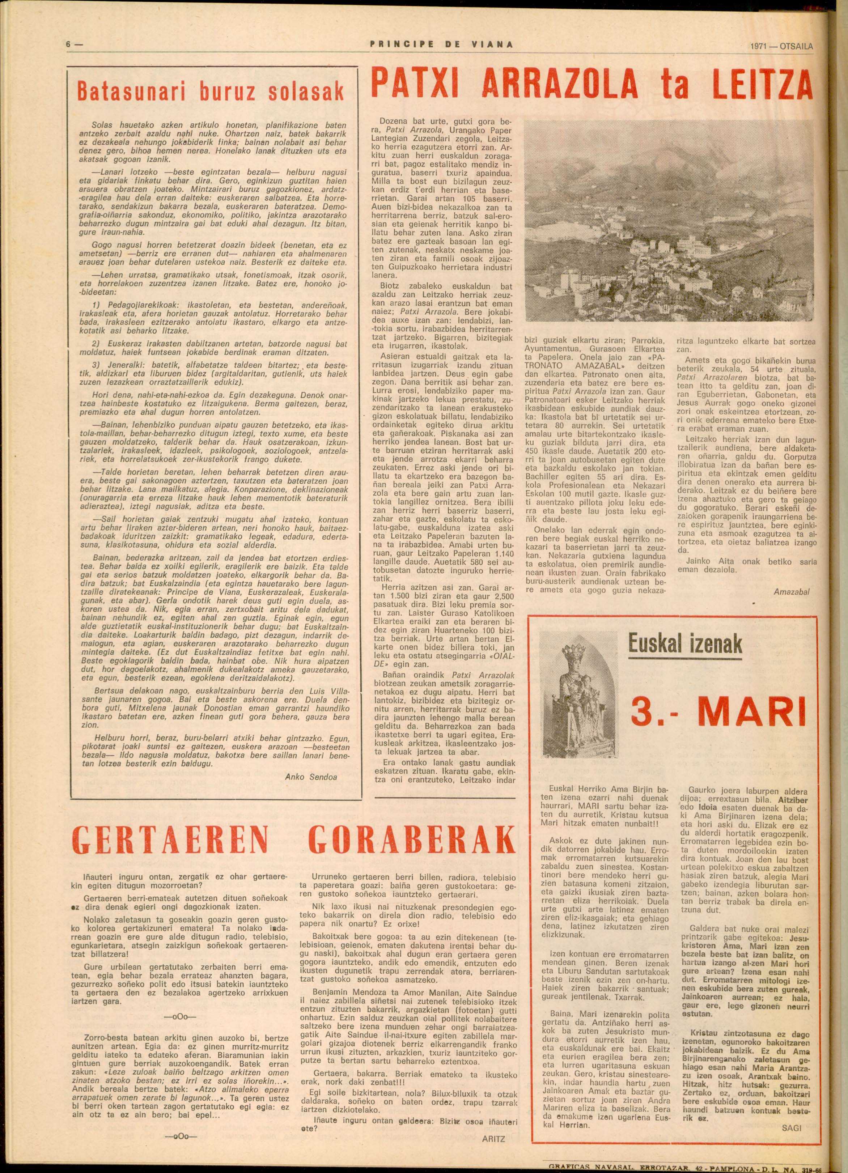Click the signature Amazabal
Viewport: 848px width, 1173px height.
(791, 591)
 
